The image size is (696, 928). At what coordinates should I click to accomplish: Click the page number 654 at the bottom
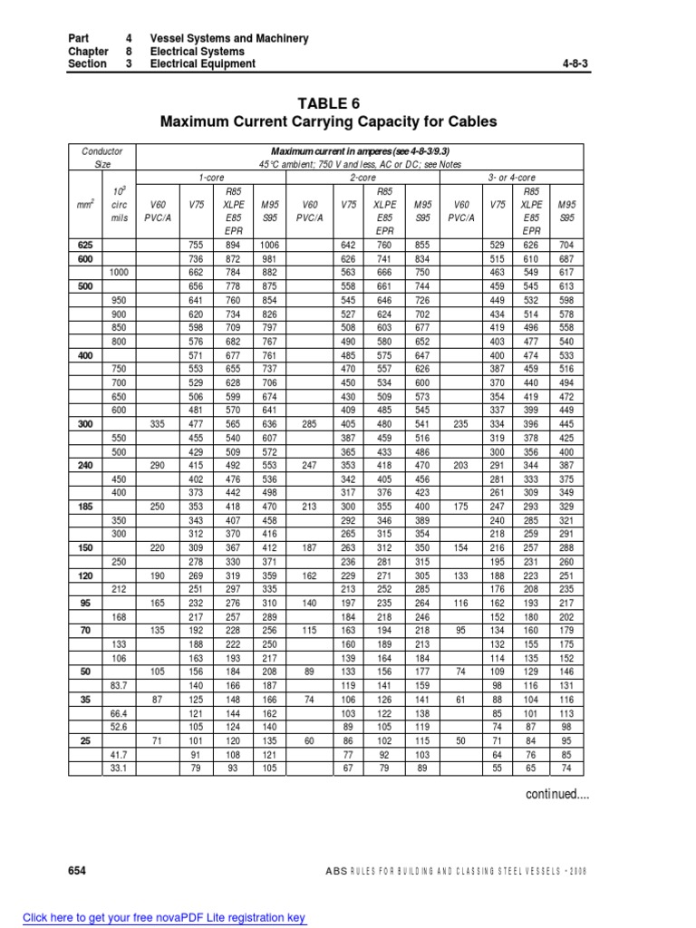click(x=77, y=870)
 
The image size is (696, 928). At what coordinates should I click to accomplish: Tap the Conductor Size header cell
click(x=102, y=158)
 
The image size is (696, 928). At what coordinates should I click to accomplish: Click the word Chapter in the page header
click(x=87, y=52)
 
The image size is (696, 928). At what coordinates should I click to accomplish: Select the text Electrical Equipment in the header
click(x=202, y=64)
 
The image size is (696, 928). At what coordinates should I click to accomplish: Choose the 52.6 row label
click(x=119, y=728)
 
